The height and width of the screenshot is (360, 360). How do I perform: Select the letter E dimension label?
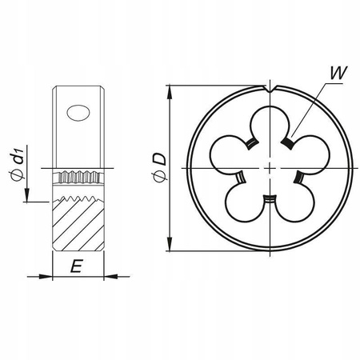[75, 267]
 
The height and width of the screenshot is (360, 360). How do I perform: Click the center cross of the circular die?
[272, 167]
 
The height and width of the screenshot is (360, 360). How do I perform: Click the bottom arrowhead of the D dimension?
[170, 246]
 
